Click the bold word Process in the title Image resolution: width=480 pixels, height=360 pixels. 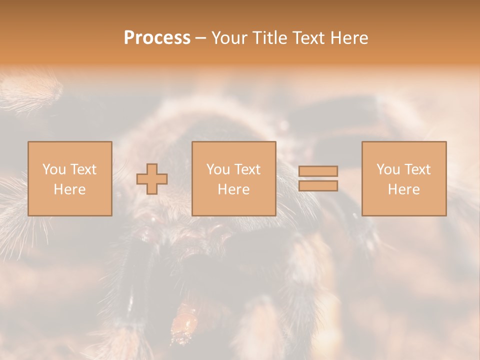click(x=157, y=37)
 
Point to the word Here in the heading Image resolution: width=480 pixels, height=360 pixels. click(x=349, y=37)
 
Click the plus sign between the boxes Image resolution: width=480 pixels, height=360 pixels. click(x=152, y=179)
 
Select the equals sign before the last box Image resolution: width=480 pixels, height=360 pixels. click(x=318, y=178)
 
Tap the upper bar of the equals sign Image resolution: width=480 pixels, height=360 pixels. click(x=318, y=171)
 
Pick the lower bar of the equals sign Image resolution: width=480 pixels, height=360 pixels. click(x=318, y=185)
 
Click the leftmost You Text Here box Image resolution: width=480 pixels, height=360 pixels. click(x=69, y=178)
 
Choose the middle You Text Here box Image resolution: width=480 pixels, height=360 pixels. click(x=233, y=178)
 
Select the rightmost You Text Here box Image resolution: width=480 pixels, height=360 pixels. click(x=404, y=178)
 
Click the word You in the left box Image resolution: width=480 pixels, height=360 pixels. click(x=54, y=169)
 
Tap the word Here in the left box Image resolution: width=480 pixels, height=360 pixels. click(x=69, y=189)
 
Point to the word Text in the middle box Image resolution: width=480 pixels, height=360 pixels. click(x=247, y=169)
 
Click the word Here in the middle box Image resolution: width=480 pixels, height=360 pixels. click(x=233, y=189)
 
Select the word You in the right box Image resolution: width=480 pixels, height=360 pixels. click(x=388, y=169)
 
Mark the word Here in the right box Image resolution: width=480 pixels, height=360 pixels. click(x=404, y=189)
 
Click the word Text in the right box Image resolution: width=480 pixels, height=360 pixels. click(x=417, y=169)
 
